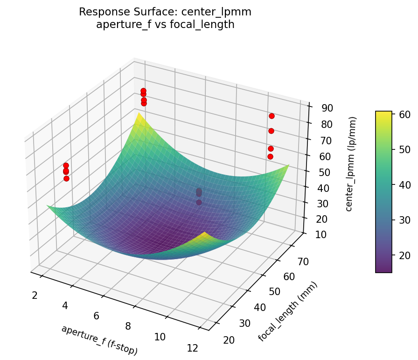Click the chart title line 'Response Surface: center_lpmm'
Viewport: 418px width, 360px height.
pyautogui.click(x=165, y=12)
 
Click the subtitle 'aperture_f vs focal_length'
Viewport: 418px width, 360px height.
pyautogui.click(x=165, y=24)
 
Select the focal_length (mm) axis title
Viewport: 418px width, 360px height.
pyautogui.click(x=287, y=311)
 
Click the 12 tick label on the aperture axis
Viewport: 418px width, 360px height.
pyautogui.click(x=192, y=348)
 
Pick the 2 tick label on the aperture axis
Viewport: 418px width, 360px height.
pyautogui.click(x=35, y=295)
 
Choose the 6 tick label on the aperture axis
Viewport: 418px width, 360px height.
pyautogui.click(x=96, y=316)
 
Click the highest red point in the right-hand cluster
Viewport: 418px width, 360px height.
pyautogui.click(x=272, y=116)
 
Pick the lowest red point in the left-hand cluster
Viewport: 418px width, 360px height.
pyautogui.click(x=66, y=178)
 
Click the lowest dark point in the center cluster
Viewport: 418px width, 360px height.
pyautogui.click(x=199, y=202)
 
